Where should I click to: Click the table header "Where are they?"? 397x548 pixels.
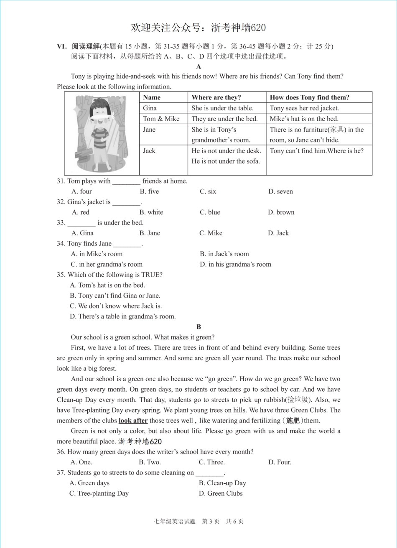click(x=216, y=97)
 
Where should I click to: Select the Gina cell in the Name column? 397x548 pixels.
click(x=150, y=108)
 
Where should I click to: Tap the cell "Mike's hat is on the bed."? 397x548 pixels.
click(x=304, y=119)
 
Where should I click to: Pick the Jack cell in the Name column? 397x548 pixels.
click(x=149, y=151)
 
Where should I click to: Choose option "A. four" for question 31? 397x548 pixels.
click(x=81, y=191)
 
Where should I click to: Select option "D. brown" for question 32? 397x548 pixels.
click(x=281, y=212)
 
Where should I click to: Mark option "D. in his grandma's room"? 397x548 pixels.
click(x=235, y=264)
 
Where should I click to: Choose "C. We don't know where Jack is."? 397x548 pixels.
click(x=116, y=306)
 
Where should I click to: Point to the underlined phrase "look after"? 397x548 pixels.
click(x=133, y=421)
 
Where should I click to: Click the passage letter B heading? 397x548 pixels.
click(x=198, y=327)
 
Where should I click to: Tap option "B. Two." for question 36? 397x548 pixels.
click(x=150, y=462)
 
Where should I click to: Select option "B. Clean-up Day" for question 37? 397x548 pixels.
click(x=222, y=483)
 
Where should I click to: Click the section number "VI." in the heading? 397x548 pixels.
click(x=62, y=46)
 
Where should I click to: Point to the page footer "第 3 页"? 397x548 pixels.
click(x=211, y=521)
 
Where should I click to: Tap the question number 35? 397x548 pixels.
click(x=61, y=275)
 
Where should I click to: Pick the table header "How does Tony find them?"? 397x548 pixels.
click(x=309, y=97)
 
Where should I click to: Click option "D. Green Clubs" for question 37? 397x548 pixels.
click(x=221, y=494)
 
